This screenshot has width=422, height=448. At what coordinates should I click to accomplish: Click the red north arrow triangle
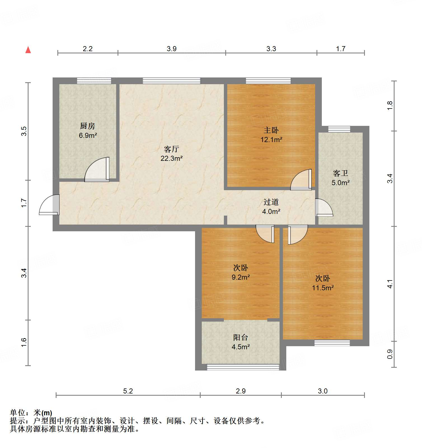click(28, 50)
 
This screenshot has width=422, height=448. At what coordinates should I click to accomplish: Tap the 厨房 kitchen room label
click(88, 126)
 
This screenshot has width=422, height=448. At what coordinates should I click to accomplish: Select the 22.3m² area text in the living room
click(172, 159)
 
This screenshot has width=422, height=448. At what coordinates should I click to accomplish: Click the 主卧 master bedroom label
click(271, 130)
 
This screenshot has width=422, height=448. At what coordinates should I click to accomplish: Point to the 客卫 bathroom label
click(341, 173)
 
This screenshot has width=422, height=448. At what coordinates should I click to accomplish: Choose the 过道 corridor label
click(271, 202)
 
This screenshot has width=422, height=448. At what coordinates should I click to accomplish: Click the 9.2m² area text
click(241, 277)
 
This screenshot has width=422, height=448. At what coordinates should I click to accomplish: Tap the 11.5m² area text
click(323, 288)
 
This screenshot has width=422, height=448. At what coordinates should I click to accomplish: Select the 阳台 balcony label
click(241, 338)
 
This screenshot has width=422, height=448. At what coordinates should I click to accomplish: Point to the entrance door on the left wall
click(49, 205)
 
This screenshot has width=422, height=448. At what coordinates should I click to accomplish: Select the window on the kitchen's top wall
click(94, 81)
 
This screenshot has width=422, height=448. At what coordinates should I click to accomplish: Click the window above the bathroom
click(339, 129)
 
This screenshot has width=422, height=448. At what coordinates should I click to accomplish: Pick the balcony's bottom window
click(243, 367)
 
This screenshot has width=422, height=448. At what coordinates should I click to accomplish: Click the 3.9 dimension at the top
click(172, 49)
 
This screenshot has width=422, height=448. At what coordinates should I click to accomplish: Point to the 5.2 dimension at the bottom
click(128, 391)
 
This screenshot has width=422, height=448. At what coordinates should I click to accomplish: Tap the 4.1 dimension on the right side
click(390, 284)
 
